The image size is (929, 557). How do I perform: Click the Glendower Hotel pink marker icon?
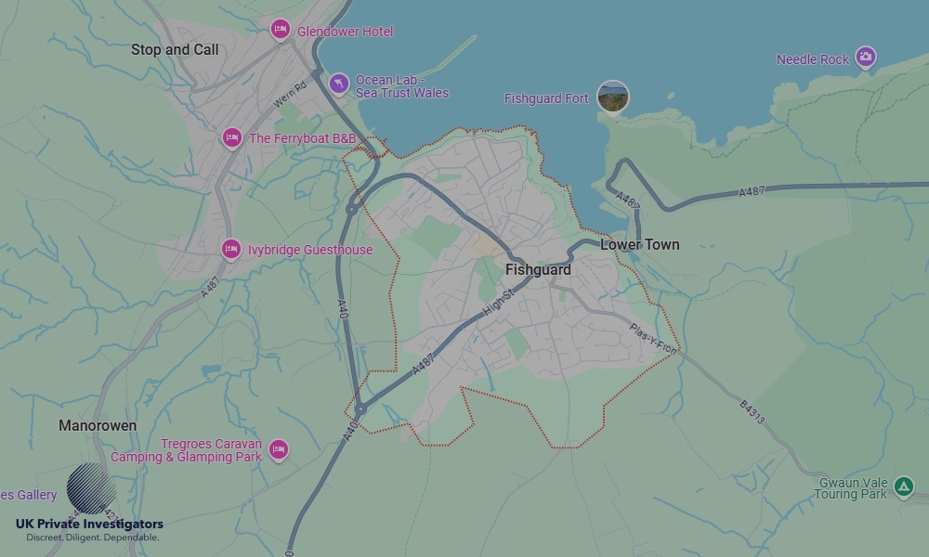(x=280, y=30)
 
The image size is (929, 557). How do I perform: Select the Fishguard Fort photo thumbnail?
(x=613, y=97)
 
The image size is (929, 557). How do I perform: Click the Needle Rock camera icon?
(x=866, y=58)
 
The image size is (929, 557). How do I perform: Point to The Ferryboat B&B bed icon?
(x=232, y=138)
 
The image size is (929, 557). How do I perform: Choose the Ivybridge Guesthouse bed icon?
(x=231, y=249)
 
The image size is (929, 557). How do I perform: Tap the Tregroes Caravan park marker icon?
(x=278, y=450)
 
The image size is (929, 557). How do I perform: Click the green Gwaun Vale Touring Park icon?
(x=903, y=486)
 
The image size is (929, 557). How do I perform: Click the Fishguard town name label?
(x=538, y=269)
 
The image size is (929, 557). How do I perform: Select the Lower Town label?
(x=639, y=244)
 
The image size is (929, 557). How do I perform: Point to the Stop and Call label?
(x=175, y=49)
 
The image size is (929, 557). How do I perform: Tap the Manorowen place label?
(x=98, y=425)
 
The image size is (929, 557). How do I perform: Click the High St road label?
(x=498, y=304)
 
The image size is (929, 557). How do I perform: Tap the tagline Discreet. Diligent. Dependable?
(x=93, y=538)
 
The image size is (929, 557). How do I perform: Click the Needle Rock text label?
(x=813, y=59)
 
